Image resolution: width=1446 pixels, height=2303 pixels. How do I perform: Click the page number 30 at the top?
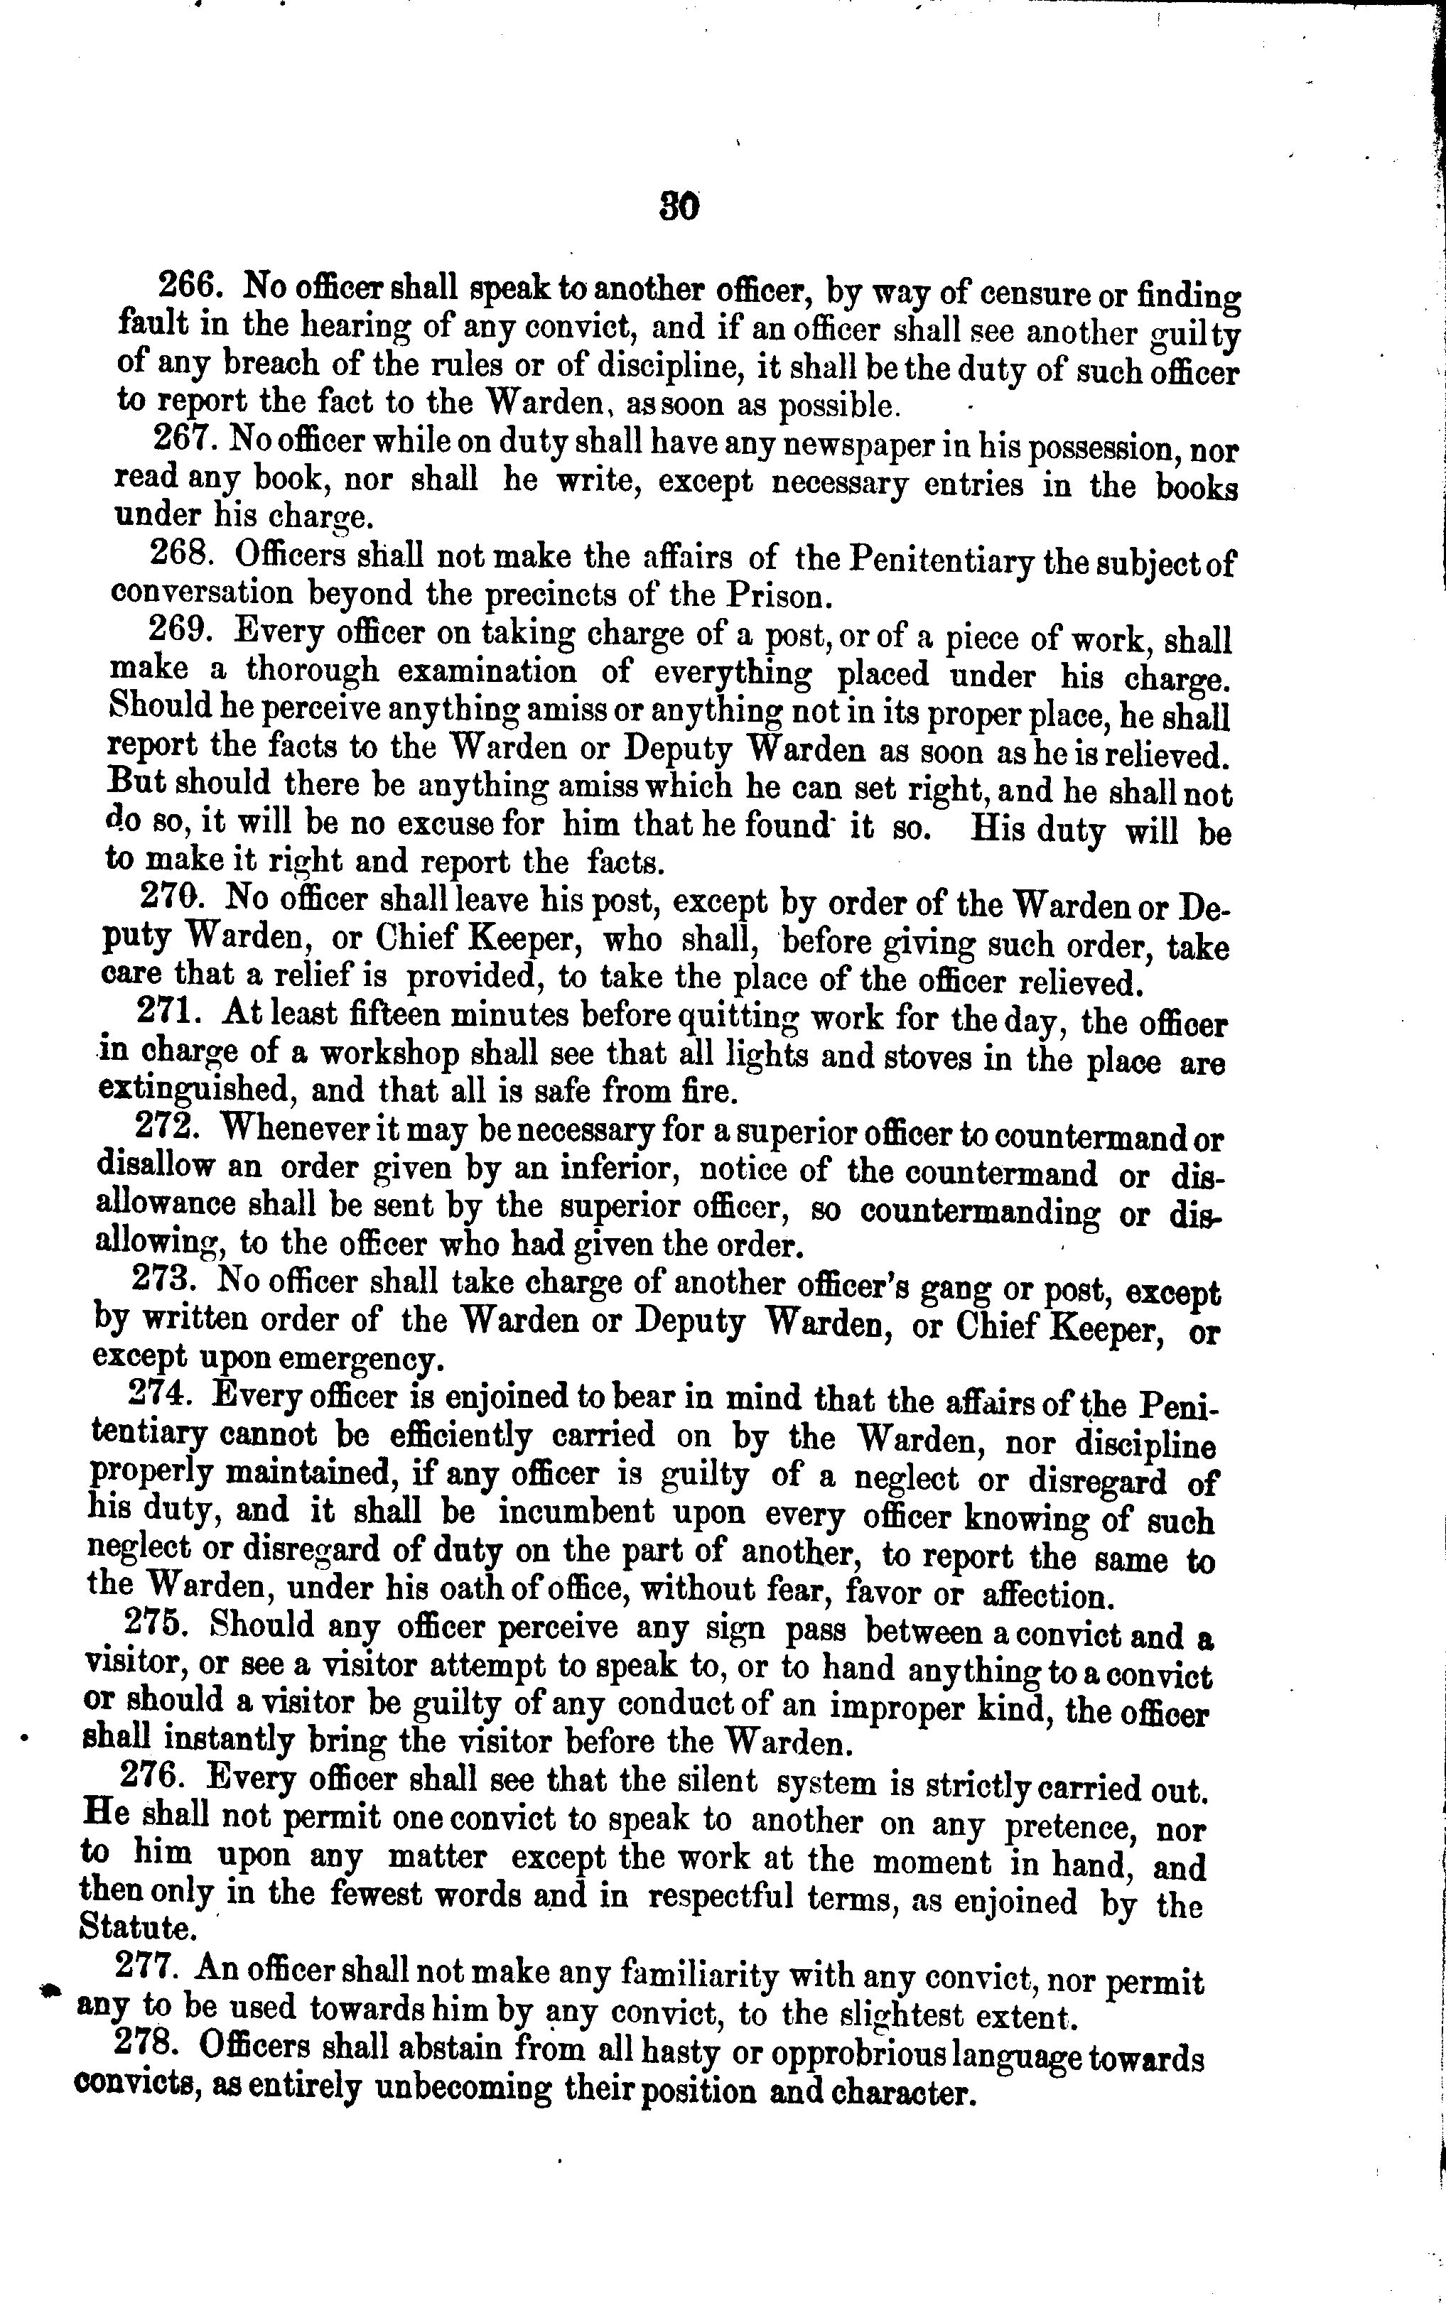(x=679, y=207)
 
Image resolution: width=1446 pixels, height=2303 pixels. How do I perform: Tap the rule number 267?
(x=188, y=438)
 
